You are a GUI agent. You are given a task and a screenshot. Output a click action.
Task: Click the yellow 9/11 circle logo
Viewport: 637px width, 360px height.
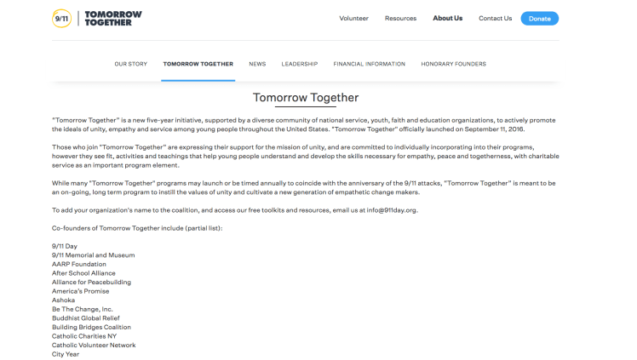(61, 18)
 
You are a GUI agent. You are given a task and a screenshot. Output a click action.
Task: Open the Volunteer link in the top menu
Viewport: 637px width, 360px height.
(353, 18)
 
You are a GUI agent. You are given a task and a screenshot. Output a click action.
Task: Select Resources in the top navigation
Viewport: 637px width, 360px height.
(400, 18)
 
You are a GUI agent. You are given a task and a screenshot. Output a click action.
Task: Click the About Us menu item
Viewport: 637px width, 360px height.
(447, 18)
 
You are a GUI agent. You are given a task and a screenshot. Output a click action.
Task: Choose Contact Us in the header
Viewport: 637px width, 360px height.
(495, 18)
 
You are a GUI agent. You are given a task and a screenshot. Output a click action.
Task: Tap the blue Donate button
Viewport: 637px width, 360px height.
(539, 18)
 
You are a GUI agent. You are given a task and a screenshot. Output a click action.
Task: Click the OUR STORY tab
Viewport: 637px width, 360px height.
(131, 64)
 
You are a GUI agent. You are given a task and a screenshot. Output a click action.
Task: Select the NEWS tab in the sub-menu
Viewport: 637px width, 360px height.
(257, 64)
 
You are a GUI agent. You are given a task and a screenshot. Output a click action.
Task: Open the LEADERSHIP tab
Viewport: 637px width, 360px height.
(300, 64)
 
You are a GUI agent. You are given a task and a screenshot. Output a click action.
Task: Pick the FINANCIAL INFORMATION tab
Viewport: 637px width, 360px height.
(369, 64)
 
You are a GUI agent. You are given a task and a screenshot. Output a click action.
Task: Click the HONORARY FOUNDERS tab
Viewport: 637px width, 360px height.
(453, 64)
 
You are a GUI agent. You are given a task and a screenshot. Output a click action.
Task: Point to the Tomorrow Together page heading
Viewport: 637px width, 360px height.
(306, 98)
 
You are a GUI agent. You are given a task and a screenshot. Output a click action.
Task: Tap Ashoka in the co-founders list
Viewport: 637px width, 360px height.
(63, 300)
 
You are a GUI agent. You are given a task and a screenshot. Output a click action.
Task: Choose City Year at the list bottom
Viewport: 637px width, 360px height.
(66, 354)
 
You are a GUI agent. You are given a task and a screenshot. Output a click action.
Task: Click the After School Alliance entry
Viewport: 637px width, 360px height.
(83, 273)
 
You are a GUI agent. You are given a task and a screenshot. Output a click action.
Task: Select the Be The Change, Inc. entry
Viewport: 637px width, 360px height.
(82, 309)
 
